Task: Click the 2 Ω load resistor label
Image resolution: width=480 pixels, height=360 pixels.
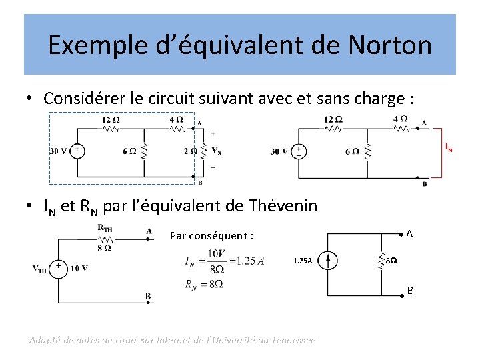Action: coord(189,151)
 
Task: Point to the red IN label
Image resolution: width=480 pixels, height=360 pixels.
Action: coord(449,148)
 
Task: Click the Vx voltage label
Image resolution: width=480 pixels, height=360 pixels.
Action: coord(216,151)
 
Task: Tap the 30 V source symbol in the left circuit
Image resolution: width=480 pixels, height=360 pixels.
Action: coord(78,151)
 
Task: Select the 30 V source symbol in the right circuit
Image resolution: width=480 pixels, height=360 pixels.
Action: coord(299,151)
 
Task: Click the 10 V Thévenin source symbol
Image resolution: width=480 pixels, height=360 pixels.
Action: coord(59,269)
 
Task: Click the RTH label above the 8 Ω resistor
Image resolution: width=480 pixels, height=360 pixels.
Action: coord(105,228)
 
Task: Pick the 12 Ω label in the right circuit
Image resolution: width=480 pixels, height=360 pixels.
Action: coord(333,119)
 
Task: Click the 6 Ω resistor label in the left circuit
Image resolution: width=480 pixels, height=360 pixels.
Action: coord(129,151)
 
